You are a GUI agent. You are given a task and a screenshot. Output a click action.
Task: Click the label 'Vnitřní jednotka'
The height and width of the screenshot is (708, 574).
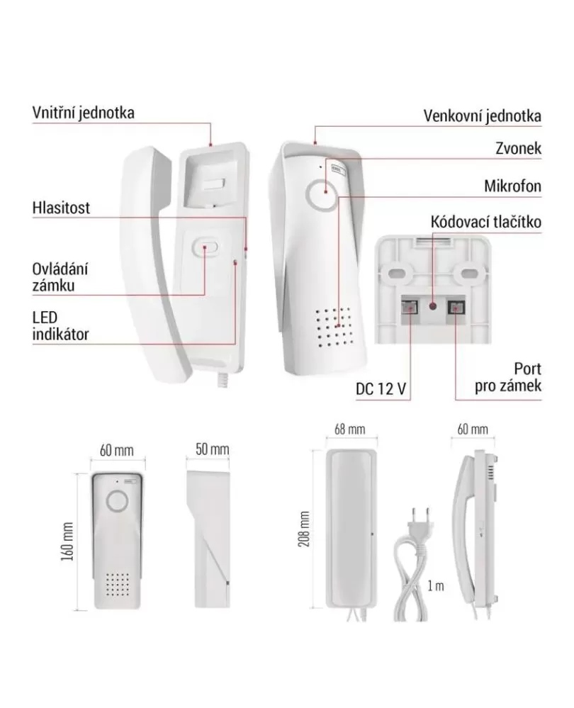83,113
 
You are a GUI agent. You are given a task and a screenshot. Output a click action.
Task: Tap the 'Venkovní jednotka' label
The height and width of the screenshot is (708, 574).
482,116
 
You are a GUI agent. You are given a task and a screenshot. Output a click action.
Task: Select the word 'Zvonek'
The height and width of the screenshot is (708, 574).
518,148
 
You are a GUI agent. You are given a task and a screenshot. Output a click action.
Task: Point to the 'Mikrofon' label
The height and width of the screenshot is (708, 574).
512,186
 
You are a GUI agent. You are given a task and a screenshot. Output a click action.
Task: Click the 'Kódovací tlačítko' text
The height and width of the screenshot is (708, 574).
485,222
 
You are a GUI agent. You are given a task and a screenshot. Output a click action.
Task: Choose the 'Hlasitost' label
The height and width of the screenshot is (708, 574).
61,208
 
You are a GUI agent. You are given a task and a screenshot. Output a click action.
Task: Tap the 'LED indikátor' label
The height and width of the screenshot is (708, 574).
60,326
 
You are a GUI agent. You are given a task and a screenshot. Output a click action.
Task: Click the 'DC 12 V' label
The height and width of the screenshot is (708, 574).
381,389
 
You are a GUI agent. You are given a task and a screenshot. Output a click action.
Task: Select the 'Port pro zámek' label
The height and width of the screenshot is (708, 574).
507,377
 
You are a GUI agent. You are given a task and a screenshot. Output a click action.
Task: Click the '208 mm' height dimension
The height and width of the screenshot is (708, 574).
304,529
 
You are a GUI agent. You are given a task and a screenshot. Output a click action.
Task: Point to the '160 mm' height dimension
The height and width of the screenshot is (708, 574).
67,542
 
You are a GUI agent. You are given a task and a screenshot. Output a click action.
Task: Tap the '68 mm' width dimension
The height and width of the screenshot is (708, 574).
349,429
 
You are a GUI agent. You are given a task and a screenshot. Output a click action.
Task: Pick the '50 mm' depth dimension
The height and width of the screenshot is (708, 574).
213,449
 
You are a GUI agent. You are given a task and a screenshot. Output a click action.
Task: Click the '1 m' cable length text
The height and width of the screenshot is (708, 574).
436,585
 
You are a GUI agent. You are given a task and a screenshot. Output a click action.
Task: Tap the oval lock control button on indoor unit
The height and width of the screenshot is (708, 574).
205,247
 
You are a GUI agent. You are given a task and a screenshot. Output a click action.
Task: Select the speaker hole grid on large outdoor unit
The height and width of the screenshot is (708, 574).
334,327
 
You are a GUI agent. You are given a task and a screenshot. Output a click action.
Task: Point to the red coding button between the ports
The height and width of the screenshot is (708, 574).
433,307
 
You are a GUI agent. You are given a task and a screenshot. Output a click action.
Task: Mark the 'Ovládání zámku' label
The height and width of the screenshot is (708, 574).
60,277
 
